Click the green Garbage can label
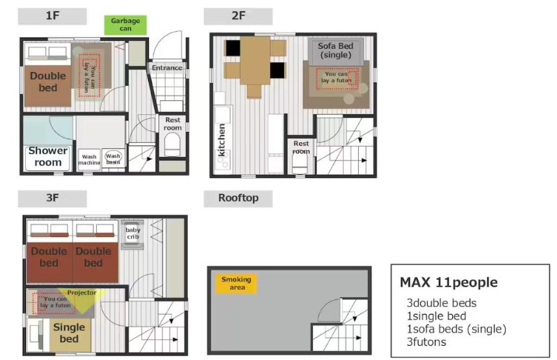pyautogui.click(x=125, y=25)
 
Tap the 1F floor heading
pyautogui.click(x=52, y=16)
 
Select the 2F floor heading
pyautogui.click(x=238, y=16)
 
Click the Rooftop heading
pyautogui.click(x=238, y=198)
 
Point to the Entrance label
pyautogui.click(x=167, y=68)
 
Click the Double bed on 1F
pyautogui.click(x=47, y=86)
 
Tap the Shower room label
pyautogui.click(x=48, y=157)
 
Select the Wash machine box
pyautogui.click(x=89, y=160)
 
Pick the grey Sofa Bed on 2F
pyautogui.click(x=336, y=51)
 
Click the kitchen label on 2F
pyautogui.click(x=222, y=140)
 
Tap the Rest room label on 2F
pyautogui.click(x=301, y=147)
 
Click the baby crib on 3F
pyautogui.click(x=133, y=235)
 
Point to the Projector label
pyautogui.click(x=82, y=292)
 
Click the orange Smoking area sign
pyautogui.click(x=236, y=283)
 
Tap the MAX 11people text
pyautogui.click(x=448, y=283)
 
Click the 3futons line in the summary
pyautogui.click(x=426, y=342)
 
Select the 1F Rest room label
pyautogui.click(x=173, y=124)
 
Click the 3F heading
pyautogui.click(x=52, y=198)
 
